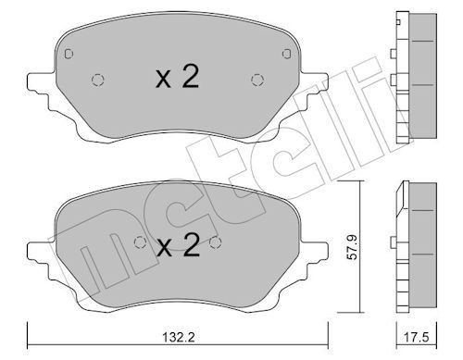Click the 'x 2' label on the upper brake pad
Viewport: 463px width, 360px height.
177,79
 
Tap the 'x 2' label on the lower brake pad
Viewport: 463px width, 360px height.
177,245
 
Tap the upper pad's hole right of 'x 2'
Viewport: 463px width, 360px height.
257,80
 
